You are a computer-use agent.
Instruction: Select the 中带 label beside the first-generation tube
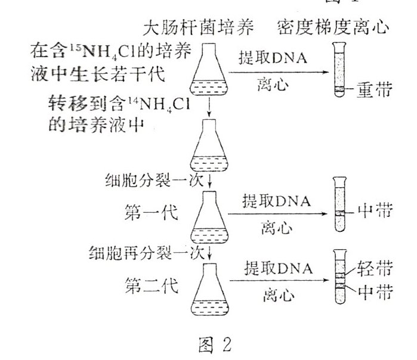click(374, 211)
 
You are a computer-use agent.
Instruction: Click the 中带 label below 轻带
click(375, 293)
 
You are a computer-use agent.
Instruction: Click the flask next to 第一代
click(211, 216)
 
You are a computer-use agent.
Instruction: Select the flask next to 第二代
click(211, 292)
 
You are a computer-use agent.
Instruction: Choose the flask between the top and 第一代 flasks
click(210, 146)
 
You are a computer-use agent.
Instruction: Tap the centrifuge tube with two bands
click(339, 280)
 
